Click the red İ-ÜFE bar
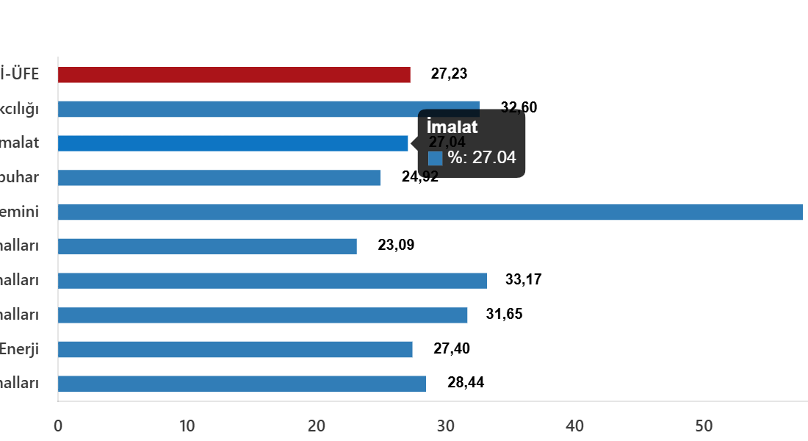click(234, 75)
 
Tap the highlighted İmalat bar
click(233, 143)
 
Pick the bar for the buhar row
click(219, 178)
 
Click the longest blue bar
click(430, 212)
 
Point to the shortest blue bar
click(207, 246)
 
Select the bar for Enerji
click(235, 349)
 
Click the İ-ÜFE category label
click(20, 75)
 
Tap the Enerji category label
click(20, 349)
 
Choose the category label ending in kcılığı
click(20, 109)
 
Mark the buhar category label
click(20, 178)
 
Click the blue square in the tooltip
click(435, 158)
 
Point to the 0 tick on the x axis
click(58, 426)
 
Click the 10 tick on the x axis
click(187, 426)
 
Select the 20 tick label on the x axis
click(317, 426)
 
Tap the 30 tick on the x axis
click(445, 426)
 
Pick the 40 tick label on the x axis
click(574, 426)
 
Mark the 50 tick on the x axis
click(704, 426)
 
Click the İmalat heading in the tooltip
click(452, 127)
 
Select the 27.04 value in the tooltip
click(494, 157)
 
